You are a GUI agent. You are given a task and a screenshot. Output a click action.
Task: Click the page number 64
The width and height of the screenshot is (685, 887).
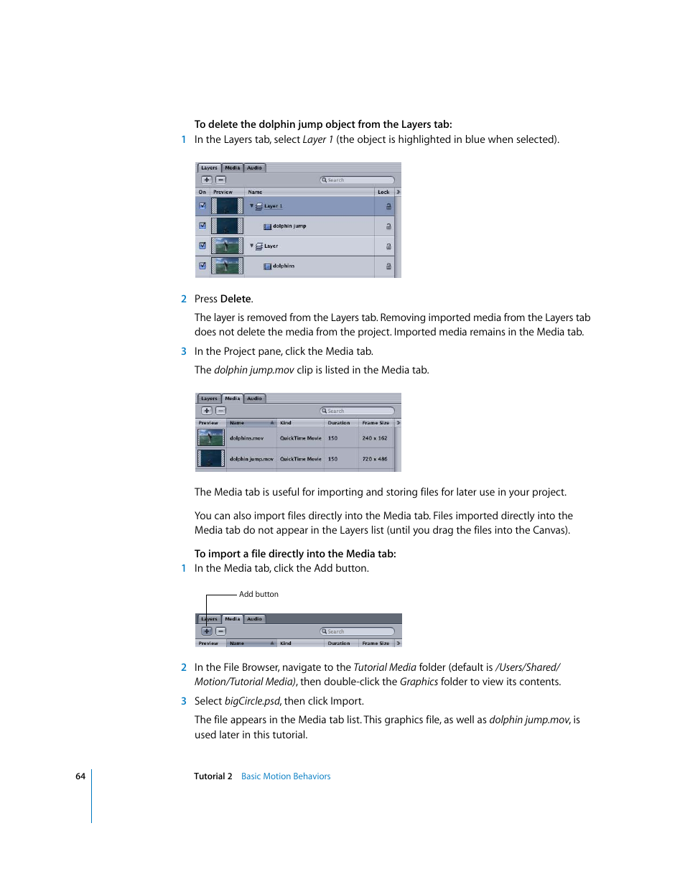pos(80,776)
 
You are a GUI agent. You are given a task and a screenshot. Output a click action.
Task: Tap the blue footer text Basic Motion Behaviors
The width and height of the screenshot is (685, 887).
pos(286,776)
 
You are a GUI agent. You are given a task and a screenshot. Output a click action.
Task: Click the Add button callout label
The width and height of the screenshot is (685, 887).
pos(258,594)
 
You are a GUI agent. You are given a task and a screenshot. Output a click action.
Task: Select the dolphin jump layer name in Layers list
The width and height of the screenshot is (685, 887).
pos(289,226)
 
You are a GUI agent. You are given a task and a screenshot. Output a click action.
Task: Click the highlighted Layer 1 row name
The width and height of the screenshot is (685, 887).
pos(273,206)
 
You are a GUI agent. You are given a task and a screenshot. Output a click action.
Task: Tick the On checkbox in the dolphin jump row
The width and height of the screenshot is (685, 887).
pos(202,226)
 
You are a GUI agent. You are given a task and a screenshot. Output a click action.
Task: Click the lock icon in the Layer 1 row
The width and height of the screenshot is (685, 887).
pos(388,206)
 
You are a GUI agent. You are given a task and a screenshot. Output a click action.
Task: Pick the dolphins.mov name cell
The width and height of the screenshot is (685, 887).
pos(246,438)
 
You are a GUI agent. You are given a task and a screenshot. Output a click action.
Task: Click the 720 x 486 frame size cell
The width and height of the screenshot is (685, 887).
pos(375,459)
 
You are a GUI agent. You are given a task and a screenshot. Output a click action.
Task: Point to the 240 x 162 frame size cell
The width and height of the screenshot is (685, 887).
pos(375,438)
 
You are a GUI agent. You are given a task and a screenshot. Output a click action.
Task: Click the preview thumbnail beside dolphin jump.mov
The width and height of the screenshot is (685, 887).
pos(211,458)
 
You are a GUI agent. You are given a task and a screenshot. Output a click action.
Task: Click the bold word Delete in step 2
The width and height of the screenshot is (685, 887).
pos(236,299)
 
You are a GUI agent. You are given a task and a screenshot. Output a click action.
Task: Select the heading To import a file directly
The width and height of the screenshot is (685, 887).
pos(295,554)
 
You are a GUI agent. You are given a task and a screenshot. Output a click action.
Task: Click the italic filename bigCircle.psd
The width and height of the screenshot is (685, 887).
pos(252,701)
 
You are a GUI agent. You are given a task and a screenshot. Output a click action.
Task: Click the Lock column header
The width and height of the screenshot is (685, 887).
pos(383,192)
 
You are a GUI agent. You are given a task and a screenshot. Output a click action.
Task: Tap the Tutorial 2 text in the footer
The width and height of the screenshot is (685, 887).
pos(213,776)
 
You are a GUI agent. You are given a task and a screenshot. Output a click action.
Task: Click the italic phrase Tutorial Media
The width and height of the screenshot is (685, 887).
pos(385,667)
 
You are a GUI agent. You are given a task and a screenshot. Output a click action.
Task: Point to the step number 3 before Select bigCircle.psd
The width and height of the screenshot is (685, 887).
pos(184,701)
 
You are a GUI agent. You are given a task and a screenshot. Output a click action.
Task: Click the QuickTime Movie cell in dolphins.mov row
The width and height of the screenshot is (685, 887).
pos(300,438)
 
